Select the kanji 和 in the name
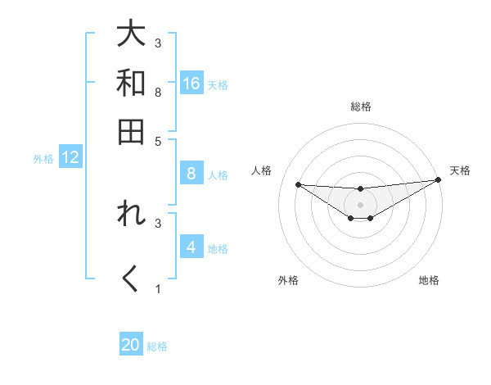pyautogui.click(x=131, y=82)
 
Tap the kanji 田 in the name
pyautogui.click(x=131, y=131)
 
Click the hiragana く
pyautogui.click(x=131, y=279)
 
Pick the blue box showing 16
pyautogui.click(x=191, y=84)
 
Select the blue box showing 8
pyautogui.click(x=191, y=174)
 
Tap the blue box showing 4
pyautogui.click(x=191, y=247)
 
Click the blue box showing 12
pyautogui.click(x=70, y=158)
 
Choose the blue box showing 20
pyautogui.click(x=131, y=345)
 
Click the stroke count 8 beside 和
pyautogui.click(x=158, y=91)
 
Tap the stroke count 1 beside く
pyautogui.click(x=158, y=288)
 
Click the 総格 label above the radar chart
pyautogui.click(x=361, y=106)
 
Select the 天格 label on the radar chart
pyautogui.click(x=460, y=170)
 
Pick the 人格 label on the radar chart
pyautogui.click(x=262, y=170)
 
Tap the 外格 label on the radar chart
pyautogui.click(x=288, y=280)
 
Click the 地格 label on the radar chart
pyautogui.click(x=429, y=280)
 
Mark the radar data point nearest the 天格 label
pyautogui.click(x=439, y=180)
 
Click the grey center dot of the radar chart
pyautogui.click(x=360, y=204)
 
